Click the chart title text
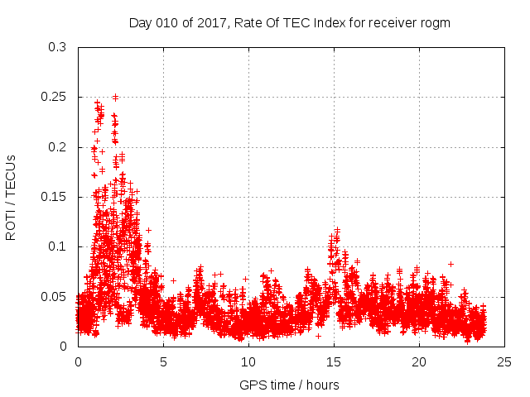289,22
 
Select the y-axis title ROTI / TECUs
11,197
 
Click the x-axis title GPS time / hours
289,385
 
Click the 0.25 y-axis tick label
57,97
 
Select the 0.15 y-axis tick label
57,197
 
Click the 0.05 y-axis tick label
57,296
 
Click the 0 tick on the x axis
78,361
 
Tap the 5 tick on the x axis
163,361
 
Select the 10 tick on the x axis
248,361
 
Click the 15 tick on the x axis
334,361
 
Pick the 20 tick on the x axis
419,361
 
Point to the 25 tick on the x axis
504,361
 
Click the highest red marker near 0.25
115,97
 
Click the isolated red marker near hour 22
451,264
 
